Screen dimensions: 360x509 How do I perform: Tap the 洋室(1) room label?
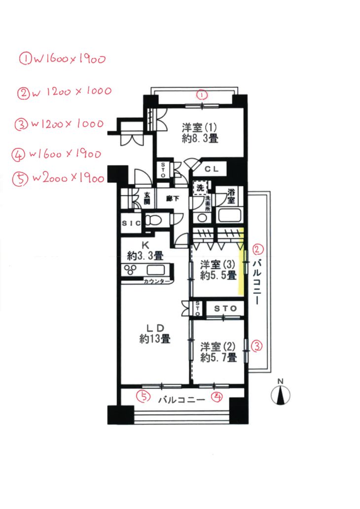coord(200,133)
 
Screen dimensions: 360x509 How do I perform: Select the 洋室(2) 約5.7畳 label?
coord(218,352)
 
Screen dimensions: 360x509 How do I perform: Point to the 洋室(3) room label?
coord(218,270)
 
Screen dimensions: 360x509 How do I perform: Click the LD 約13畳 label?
coord(155,334)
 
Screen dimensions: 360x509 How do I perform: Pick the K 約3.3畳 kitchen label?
coord(145,251)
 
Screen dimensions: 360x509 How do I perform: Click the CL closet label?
coord(212,169)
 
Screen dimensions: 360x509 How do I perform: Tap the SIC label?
coord(131,223)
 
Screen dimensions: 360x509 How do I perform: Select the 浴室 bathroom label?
coord(231,196)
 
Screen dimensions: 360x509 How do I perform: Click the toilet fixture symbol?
coord(153,220)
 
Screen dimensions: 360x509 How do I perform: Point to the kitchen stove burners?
coord(130,270)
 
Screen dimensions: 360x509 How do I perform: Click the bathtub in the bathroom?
coord(230,215)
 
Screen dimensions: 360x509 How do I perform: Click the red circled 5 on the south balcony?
coord(143,396)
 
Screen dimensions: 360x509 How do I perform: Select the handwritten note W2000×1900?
coord(59,178)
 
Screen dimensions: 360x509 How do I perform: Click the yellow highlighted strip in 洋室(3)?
coord(241,262)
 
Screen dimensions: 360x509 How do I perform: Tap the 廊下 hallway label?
coord(173,198)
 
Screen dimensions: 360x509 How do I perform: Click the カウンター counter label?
coord(157,281)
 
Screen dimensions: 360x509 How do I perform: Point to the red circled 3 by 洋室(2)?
coord(257,346)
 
